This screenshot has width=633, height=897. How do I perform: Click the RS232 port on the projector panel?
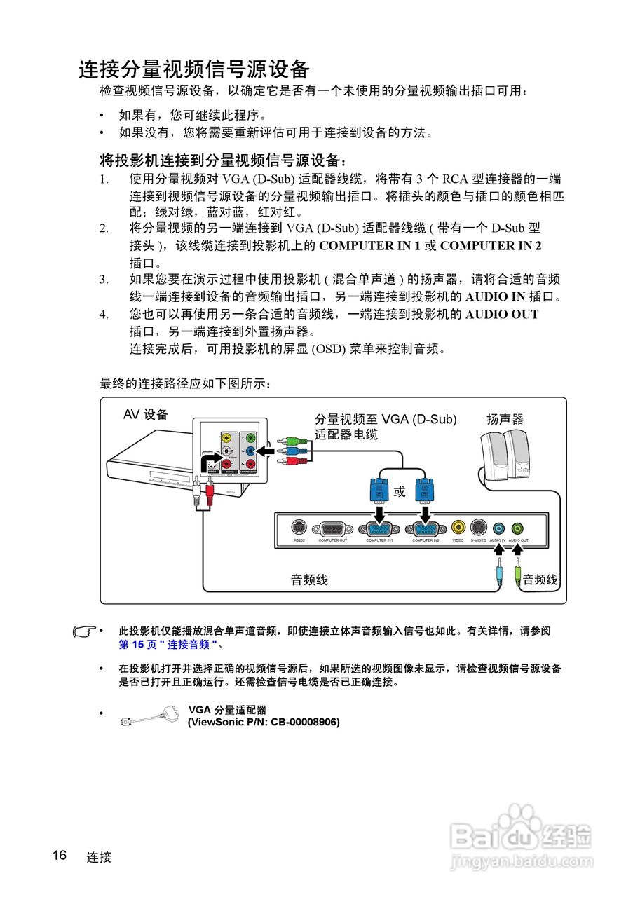point(298,528)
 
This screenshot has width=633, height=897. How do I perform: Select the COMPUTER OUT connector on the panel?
point(333,530)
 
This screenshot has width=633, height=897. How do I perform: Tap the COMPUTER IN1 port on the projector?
point(379,530)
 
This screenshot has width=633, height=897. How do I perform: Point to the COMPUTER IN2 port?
point(426,530)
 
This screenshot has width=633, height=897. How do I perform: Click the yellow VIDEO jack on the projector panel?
point(458,527)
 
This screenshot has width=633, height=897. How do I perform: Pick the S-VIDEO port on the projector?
point(478,527)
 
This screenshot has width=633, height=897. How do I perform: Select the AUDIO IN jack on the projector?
point(498,528)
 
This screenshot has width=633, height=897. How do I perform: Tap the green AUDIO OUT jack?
point(517,528)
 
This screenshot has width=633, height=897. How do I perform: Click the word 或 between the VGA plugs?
point(400,492)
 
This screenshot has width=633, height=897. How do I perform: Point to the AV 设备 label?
point(146,414)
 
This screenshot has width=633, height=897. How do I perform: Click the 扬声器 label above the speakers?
point(505,419)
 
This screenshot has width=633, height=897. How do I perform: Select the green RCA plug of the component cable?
point(283,441)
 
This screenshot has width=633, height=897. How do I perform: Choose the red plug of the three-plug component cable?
point(283,460)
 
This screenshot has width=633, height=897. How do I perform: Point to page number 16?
point(59,856)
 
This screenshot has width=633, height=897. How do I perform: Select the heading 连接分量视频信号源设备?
point(194,70)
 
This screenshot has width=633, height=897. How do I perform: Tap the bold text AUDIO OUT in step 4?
point(502,315)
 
